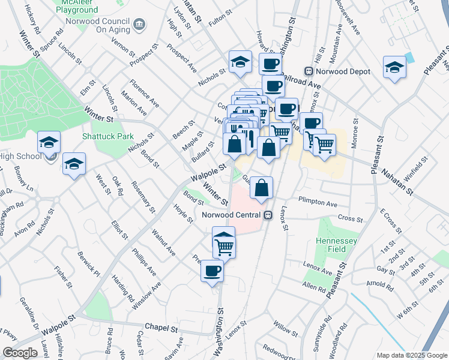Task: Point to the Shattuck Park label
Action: pyautogui.click(x=108, y=136)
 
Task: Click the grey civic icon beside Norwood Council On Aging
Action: pyautogui.click(x=139, y=24)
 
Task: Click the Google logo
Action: pyautogui.click(x=20, y=353)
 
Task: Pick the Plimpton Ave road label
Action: pyautogui.click(x=318, y=203)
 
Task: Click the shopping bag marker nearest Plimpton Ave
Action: pyautogui.click(x=261, y=188)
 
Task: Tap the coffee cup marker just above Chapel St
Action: pyautogui.click(x=212, y=271)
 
